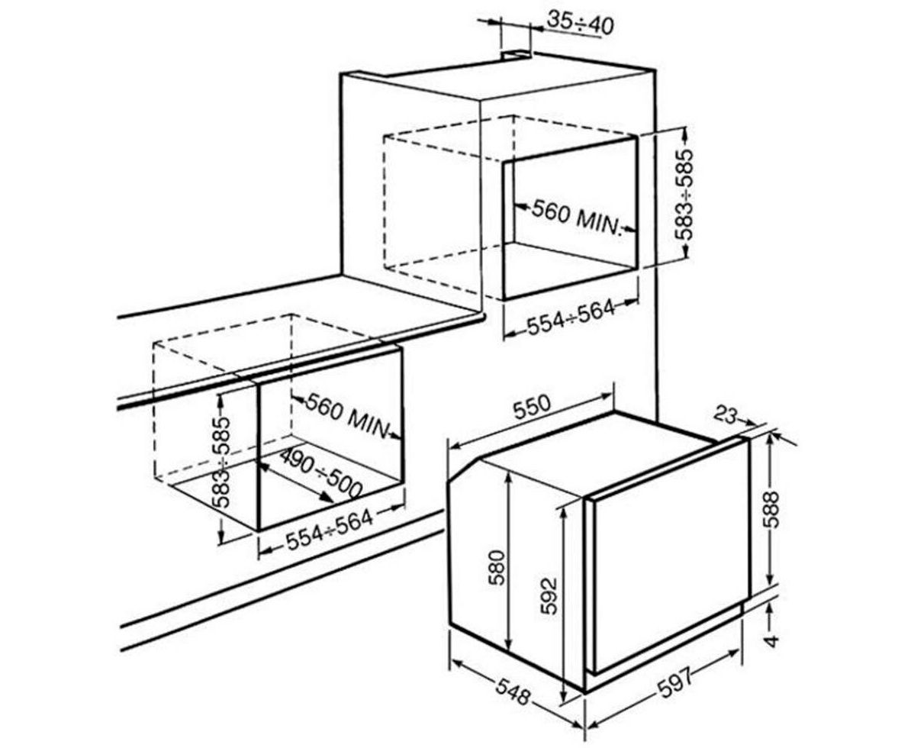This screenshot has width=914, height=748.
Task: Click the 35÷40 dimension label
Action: pyautogui.click(x=580, y=23)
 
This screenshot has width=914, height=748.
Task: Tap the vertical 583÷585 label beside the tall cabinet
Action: pyautogui.click(x=684, y=195)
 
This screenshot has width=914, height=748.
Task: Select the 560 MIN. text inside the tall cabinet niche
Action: pyautogui.click(x=574, y=218)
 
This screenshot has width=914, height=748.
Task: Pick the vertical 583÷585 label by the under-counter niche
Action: pyautogui.click(x=221, y=462)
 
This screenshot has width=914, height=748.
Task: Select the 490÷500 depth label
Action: pyautogui.click(x=320, y=473)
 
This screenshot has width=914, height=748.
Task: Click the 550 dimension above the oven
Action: pyautogui.click(x=532, y=407)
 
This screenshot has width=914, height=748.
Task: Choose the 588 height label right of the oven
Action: pyautogui.click(x=771, y=510)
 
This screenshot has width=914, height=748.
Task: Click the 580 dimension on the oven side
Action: pyautogui.click(x=497, y=569)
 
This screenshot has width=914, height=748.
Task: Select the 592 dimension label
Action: pyautogui.click(x=549, y=595)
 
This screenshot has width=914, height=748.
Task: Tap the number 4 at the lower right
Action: pyautogui.click(x=771, y=640)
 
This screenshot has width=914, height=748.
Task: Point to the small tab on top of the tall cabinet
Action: pyautogui.click(x=517, y=54)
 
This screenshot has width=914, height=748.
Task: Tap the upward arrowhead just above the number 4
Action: pyautogui.click(x=771, y=609)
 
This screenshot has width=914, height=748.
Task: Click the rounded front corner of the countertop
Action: pyautogui.click(x=481, y=317)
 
